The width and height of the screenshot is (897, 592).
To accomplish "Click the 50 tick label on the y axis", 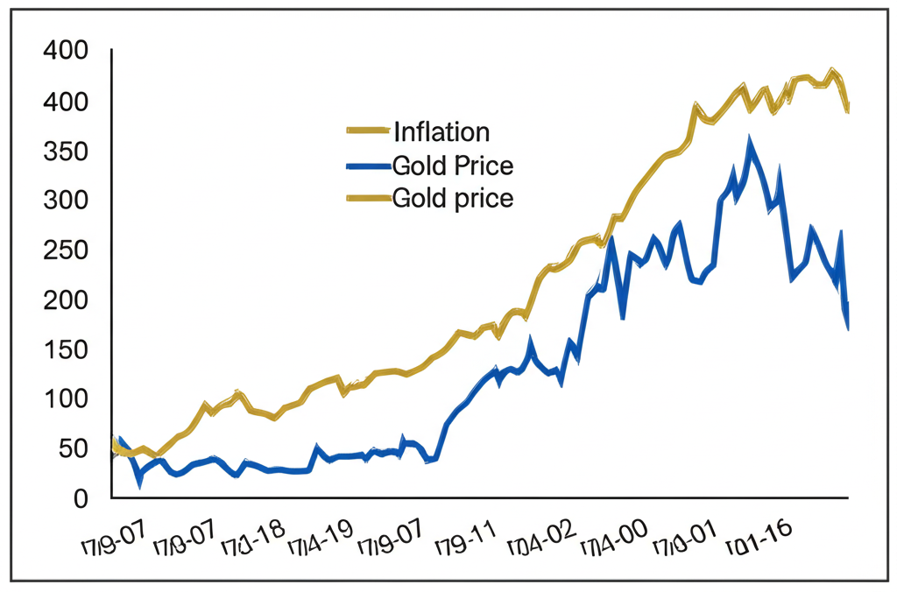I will (x=72, y=449).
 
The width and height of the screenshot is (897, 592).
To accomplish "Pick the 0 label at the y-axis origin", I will (x=81, y=498).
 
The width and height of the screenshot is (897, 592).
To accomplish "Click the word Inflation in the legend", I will (x=441, y=132).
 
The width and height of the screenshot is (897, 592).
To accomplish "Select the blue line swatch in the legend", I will (x=368, y=166).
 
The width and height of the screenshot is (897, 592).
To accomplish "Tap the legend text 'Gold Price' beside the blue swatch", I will (x=453, y=166).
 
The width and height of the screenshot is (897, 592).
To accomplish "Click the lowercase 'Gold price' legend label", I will (x=453, y=198).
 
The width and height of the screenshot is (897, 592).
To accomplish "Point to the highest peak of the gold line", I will (x=833, y=71).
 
